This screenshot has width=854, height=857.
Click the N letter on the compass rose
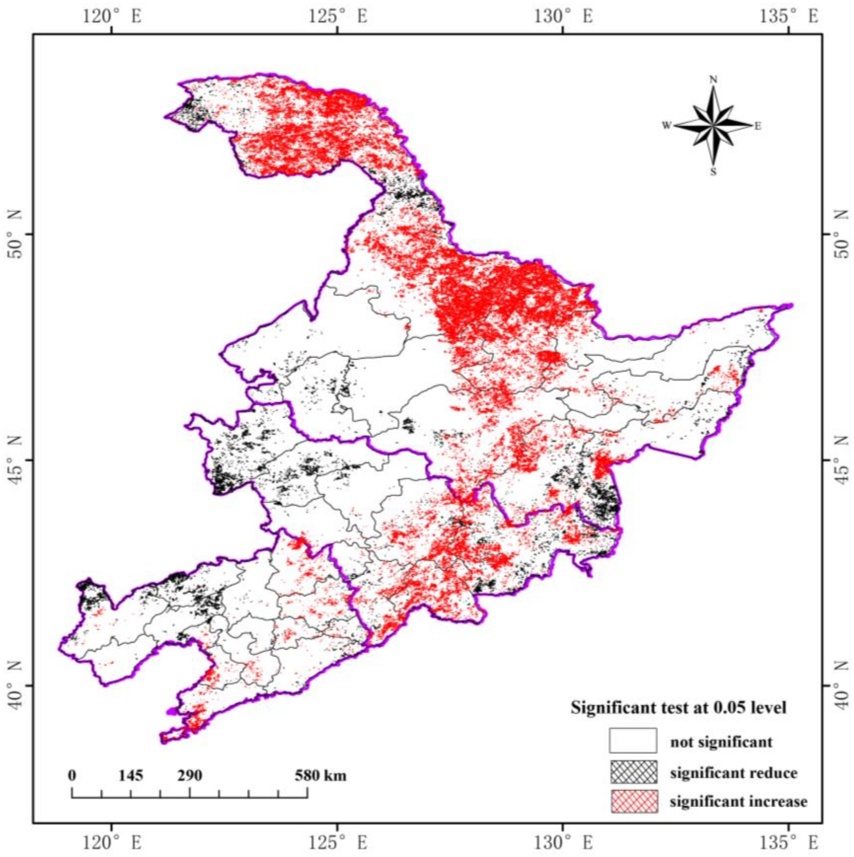pos(713,80)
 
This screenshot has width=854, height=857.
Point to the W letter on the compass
pos(667,126)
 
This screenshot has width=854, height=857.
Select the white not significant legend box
pos(633,741)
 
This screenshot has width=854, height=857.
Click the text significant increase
pos(738,801)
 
